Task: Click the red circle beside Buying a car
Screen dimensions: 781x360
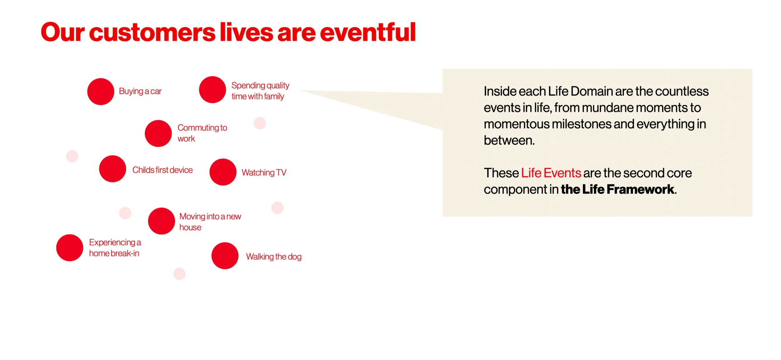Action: click(101, 91)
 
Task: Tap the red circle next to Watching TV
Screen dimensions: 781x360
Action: click(223, 172)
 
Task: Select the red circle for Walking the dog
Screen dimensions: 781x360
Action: click(225, 256)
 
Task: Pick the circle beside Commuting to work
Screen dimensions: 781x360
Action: click(158, 133)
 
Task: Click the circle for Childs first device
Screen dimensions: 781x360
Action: click(112, 169)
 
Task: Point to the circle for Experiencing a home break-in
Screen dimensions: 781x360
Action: click(70, 248)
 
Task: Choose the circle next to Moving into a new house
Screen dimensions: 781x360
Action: click(162, 221)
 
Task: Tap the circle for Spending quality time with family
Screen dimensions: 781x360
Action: click(212, 90)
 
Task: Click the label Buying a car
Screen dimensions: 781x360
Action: click(140, 91)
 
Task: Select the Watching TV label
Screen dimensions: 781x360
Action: click(264, 172)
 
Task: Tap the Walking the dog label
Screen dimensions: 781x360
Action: click(274, 257)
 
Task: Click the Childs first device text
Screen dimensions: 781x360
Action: click(162, 170)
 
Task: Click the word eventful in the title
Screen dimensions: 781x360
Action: click(368, 32)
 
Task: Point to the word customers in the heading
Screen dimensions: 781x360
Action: click(152, 32)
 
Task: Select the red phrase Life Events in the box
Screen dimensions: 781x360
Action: click(551, 173)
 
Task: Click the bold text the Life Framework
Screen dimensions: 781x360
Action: click(618, 189)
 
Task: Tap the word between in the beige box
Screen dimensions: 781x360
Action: click(509, 141)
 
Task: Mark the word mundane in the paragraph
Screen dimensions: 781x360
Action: click(607, 108)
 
